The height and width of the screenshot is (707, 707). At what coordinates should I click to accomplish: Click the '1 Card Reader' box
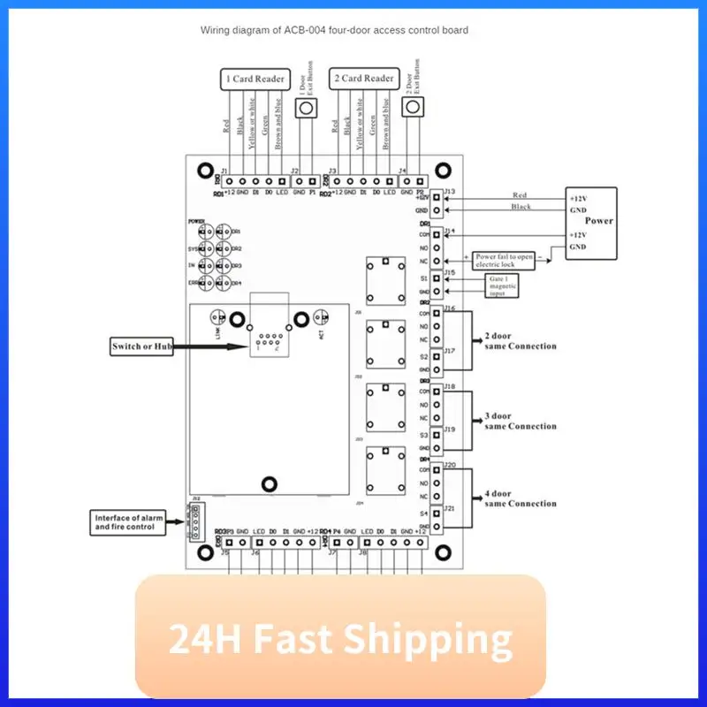255,80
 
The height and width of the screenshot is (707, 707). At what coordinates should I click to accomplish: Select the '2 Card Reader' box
363,79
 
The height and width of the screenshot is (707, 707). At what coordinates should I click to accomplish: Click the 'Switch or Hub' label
141,347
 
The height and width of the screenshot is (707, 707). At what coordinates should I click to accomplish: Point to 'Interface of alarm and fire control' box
126,521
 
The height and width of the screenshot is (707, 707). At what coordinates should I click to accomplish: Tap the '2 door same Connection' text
521,341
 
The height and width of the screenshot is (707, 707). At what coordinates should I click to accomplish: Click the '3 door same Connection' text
521,421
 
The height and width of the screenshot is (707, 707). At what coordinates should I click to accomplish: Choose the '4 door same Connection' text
521,498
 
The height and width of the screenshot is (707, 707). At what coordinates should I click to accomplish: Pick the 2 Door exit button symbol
412,107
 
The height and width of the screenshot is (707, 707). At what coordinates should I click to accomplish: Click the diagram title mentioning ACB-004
334,30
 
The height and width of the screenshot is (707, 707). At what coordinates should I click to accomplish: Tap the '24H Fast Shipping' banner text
340,638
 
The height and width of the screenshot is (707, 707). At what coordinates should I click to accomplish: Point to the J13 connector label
450,191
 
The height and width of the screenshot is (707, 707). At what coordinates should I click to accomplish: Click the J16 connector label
450,308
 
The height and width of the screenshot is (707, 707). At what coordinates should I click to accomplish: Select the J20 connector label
450,465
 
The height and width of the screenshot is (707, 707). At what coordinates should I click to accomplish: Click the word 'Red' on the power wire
520,195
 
